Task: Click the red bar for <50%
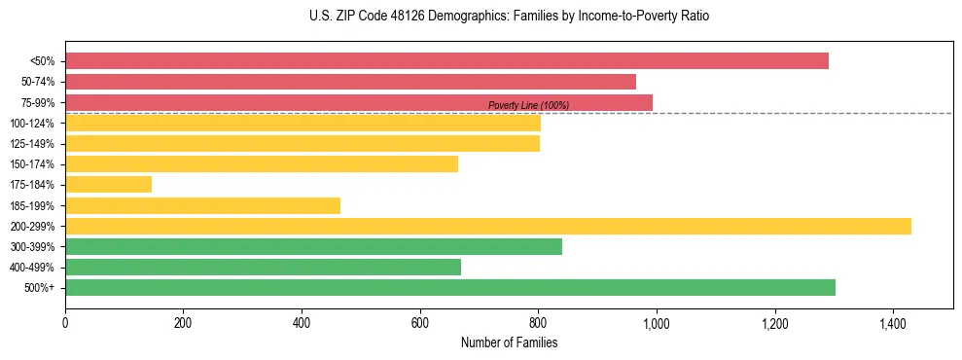point(446,61)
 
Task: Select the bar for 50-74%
point(350,82)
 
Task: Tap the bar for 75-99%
point(359,102)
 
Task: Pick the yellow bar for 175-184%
point(108,185)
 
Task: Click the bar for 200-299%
point(487,226)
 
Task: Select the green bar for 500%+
point(449,287)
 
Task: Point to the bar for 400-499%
point(263,267)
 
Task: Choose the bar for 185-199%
point(202,205)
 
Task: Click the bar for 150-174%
point(261,164)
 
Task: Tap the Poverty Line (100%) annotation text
point(528,105)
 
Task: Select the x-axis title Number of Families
point(509,342)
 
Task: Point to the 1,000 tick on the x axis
point(657,323)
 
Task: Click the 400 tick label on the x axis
point(302,323)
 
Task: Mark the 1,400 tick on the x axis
point(893,323)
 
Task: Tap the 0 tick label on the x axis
point(65,323)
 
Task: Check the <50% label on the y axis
point(42,61)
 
